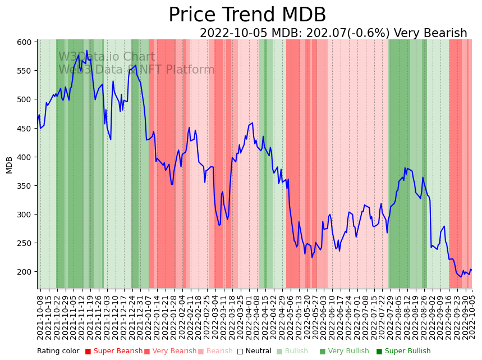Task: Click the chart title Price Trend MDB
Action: pos(247,15)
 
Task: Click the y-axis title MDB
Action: pos(10,165)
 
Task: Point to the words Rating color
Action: pos(58,352)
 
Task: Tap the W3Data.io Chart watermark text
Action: pos(107,57)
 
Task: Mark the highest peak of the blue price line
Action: pos(87,51)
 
